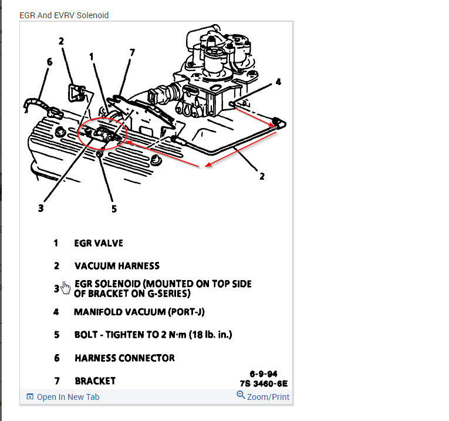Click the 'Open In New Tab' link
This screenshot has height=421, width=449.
[67, 397]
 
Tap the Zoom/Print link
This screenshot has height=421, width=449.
[268, 397]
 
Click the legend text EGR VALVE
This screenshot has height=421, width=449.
[99, 243]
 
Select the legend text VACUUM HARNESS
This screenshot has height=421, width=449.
[117, 265]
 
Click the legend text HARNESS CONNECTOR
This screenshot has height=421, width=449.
[124, 358]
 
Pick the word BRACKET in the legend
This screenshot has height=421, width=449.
[95, 380]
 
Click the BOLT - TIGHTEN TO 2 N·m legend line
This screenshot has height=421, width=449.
[153, 335]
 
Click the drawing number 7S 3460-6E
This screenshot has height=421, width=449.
[264, 384]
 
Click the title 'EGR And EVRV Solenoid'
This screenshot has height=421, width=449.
[64, 15]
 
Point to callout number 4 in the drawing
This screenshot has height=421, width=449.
[278, 82]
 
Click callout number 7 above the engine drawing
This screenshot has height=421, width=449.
[132, 53]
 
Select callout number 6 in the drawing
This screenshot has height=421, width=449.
[49, 62]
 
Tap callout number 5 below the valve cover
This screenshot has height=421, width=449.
[114, 208]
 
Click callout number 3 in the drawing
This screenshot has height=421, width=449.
[40, 207]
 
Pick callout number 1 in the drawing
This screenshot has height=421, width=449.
[92, 56]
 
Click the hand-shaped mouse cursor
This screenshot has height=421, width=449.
[66, 288]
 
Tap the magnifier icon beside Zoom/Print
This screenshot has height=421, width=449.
[241, 396]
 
